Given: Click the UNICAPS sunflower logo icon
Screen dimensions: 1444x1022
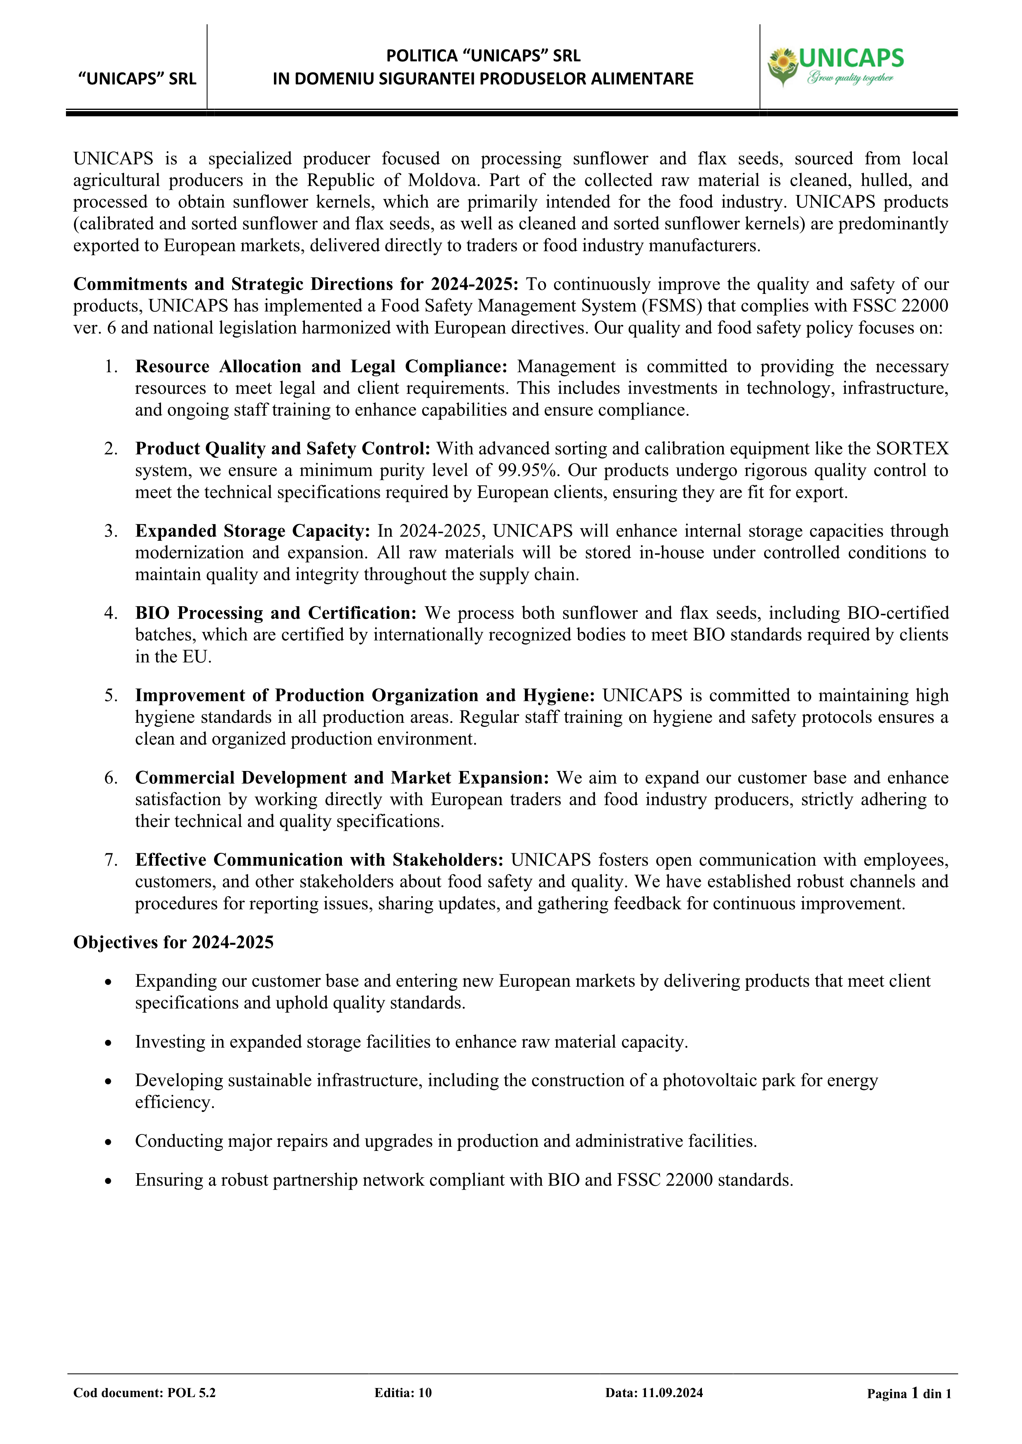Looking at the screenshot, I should point(782,67).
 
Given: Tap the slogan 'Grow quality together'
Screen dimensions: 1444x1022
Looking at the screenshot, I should point(850,78).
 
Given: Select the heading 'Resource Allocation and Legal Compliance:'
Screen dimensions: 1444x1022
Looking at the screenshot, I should point(321,367).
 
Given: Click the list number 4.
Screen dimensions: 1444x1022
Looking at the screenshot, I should point(111,613).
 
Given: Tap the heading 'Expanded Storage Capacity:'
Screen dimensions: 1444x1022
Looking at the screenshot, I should point(253,531).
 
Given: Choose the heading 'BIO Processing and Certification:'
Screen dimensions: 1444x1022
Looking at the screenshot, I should point(276,613).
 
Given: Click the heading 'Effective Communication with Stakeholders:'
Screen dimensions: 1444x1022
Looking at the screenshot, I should point(319,860).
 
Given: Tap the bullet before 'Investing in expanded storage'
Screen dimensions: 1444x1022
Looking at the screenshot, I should point(109,1043).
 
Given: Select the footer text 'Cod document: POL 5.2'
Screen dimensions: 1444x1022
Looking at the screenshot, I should point(144,1393).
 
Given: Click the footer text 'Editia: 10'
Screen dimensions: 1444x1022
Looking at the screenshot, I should point(403,1393).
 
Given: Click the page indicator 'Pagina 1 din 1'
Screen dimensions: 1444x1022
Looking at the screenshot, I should point(909,1393).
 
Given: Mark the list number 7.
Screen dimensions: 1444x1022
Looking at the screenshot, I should point(111,860).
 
